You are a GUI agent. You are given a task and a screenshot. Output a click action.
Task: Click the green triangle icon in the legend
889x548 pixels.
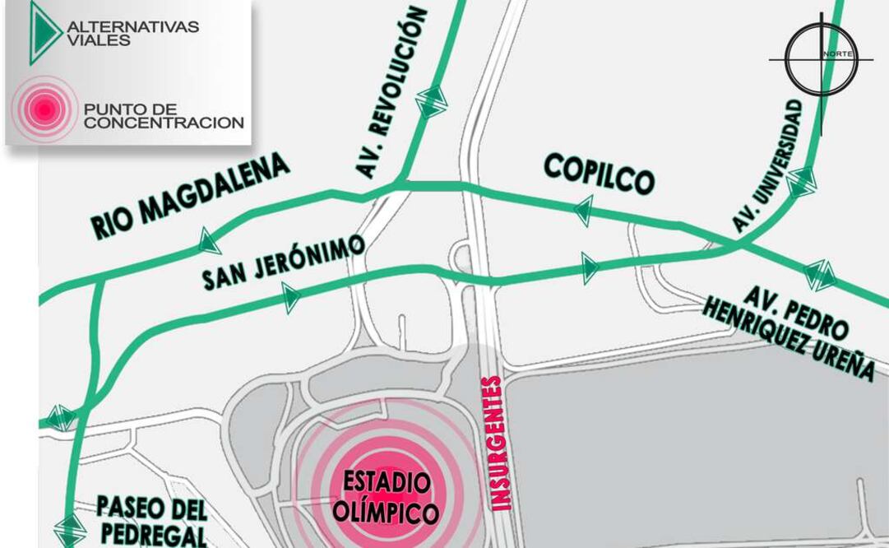(x=44, y=33)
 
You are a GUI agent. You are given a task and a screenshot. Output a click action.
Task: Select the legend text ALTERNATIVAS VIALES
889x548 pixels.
(x=132, y=33)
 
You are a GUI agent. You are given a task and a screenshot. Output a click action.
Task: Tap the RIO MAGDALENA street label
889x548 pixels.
(x=191, y=197)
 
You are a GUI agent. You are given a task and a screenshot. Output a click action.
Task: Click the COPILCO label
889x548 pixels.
(x=599, y=174)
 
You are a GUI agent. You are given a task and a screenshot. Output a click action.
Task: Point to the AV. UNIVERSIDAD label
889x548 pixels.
(x=766, y=165)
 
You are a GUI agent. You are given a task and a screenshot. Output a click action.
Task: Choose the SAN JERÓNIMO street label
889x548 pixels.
(x=284, y=262)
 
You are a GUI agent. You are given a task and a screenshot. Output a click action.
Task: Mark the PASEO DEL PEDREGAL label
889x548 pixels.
(x=152, y=521)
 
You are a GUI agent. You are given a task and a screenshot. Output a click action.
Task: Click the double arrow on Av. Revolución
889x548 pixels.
(x=431, y=101)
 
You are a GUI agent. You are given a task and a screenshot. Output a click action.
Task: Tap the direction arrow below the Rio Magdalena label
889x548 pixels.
(x=209, y=241)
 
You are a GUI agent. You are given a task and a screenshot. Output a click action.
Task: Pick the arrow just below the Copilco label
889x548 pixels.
(x=584, y=211)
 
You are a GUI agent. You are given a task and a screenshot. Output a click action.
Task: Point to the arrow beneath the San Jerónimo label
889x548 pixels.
(x=290, y=298)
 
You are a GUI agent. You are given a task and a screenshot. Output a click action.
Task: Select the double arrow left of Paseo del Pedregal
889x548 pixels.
(x=70, y=527)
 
